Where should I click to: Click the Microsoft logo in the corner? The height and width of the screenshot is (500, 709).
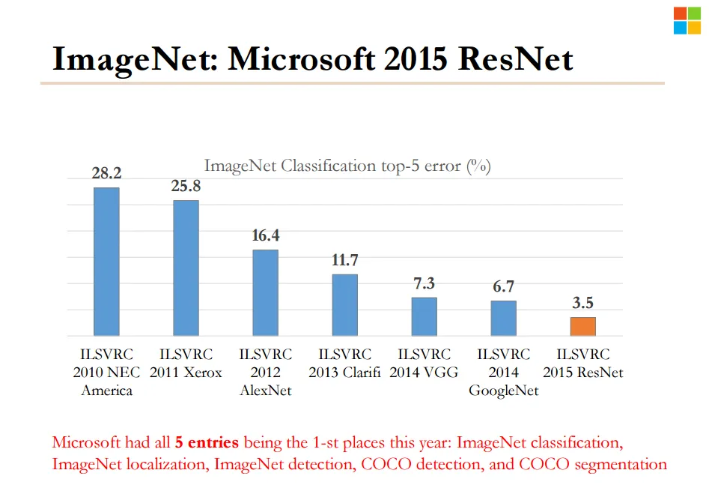[686, 20]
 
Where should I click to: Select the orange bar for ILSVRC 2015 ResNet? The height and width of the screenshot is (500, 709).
[582, 326]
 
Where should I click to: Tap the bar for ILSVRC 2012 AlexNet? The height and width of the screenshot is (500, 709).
[265, 292]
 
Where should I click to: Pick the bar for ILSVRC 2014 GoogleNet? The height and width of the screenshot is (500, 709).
[503, 318]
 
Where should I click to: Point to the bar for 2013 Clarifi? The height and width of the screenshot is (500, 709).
[344, 304]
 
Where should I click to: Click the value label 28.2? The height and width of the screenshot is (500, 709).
[106, 173]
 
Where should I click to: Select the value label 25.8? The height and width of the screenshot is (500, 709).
[186, 186]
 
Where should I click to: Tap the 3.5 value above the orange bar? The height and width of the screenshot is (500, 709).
[582, 303]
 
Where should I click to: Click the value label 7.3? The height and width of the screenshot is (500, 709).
[424, 283]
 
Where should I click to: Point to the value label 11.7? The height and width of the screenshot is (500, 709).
[344, 260]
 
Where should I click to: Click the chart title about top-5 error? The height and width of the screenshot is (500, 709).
[347, 166]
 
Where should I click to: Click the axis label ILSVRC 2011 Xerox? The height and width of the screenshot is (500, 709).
[186, 363]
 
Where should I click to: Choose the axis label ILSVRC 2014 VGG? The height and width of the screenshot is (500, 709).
[424, 363]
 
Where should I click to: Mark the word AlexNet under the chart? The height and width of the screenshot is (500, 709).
[265, 391]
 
